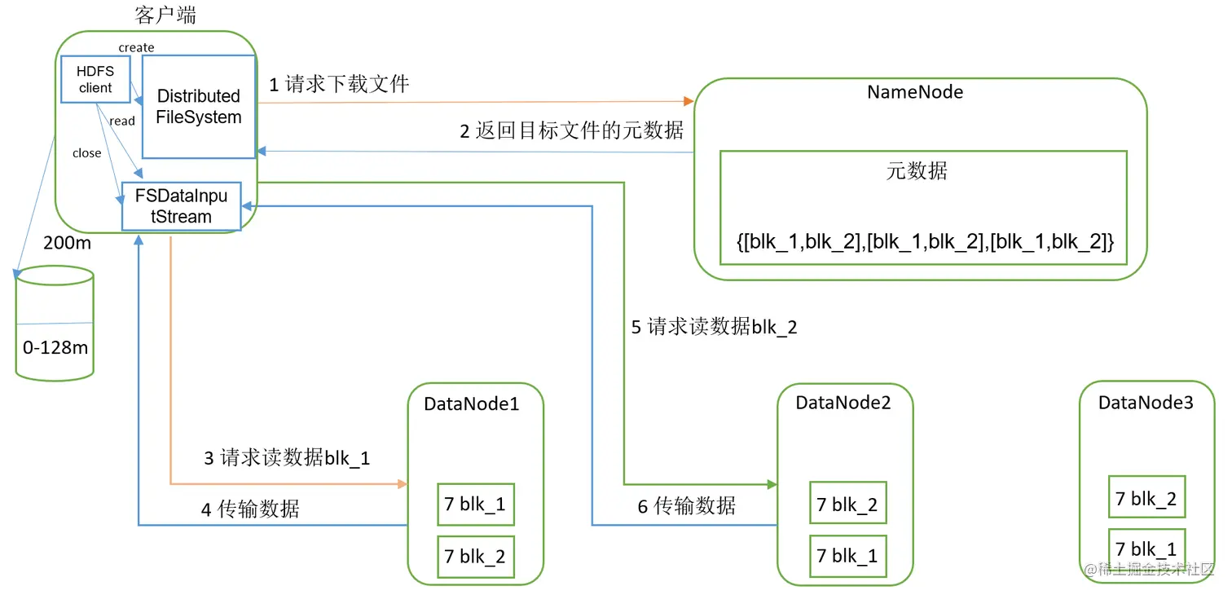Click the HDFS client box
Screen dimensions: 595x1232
95,79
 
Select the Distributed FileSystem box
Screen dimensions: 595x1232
199,107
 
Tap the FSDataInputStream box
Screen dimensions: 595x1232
181,206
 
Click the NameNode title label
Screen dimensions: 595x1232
915,92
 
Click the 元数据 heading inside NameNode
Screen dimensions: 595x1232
917,171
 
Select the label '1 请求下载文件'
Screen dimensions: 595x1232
339,84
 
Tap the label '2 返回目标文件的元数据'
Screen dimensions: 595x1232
571,130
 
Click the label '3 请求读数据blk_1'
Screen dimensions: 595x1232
287,458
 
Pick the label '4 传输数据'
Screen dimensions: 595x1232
251,509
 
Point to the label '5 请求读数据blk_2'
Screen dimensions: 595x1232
714,328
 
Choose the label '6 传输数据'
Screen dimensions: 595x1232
686,506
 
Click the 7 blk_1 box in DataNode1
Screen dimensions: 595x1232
475,505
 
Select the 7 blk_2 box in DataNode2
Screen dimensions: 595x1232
847,505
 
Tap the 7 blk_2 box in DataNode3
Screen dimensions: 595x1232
1146,500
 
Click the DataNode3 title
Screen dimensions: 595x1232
1145,403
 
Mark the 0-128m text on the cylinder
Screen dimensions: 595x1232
55,348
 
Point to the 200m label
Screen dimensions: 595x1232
67,244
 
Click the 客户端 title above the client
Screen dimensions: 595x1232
165,15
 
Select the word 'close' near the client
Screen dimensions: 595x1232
86,153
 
